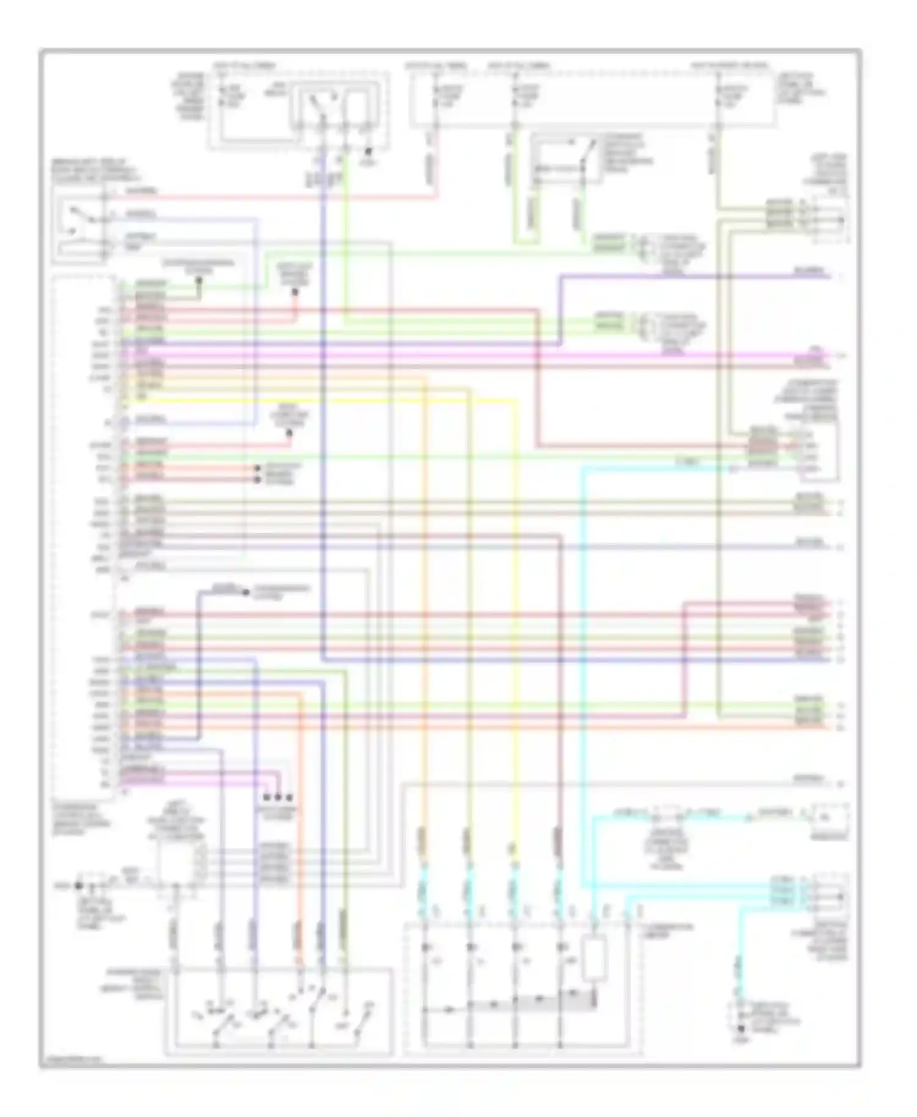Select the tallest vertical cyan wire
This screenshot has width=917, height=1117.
click(581, 672)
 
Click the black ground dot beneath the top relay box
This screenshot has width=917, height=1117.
click(368, 152)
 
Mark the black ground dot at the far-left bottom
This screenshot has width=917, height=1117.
click(78, 885)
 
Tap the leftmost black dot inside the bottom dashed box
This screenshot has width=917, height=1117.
click(425, 948)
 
